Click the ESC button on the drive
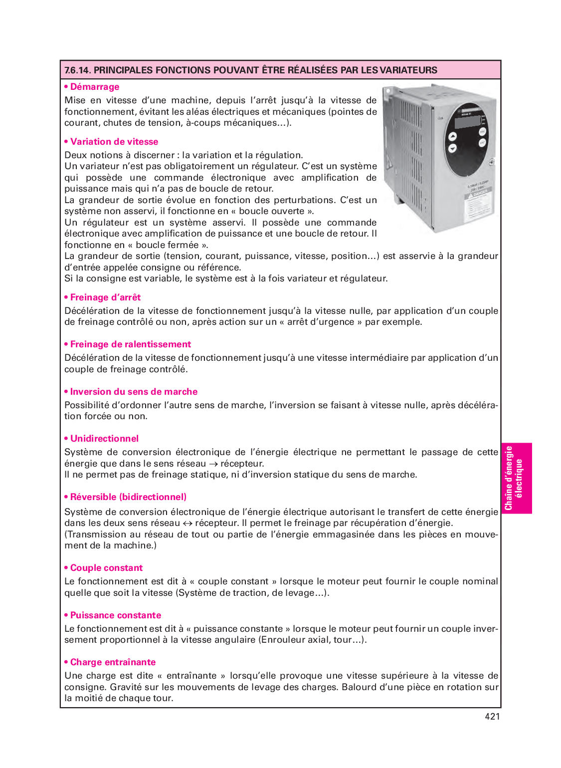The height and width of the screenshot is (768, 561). pyautogui.click(x=483, y=131)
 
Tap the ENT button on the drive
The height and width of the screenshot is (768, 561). pyautogui.click(x=483, y=143)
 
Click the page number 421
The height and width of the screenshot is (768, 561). pyautogui.click(x=492, y=717)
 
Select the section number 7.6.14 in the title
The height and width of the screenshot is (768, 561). pyautogui.click(x=77, y=70)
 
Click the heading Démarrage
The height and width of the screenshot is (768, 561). pyautogui.click(x=94, y=87)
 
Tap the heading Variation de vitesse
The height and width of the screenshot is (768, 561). pyautogui.click(x=114, y=142)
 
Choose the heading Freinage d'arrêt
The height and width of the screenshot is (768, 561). pyautogui.click(x=105, y=297)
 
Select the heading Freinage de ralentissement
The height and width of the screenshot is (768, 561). pyautogui.click(x=130, y=344)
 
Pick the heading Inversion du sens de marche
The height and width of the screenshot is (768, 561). pyautogui.click(x=134, y=392)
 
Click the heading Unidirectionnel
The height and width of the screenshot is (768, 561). pyautogui.click(x=104, y=439)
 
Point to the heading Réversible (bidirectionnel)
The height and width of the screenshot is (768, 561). pyautogui.click(x=128, y=497)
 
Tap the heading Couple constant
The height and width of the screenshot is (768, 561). pyautogui.click(x=106, y=568)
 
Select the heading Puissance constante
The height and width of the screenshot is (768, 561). pyautogui.click(x=115, y=615)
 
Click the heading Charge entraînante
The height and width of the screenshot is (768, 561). pyautogui.click(x=113, y=662)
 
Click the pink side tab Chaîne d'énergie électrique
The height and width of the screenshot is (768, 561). pyautogui.click(x=516, y=478)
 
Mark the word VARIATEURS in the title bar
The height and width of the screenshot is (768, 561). pyautogui.click(x=408, y=70)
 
